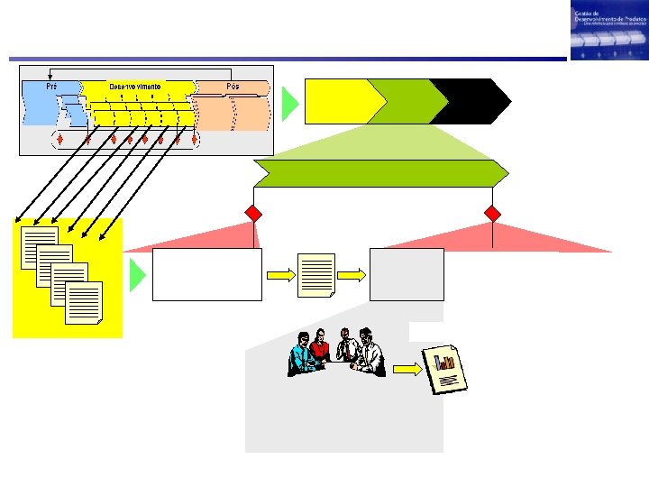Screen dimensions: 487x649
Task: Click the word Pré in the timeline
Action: (x=51, y=87)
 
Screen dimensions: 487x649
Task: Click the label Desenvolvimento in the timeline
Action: (x=135, y=87)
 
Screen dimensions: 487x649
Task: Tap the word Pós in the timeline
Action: (x=233, y=87)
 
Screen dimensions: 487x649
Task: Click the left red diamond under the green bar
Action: (x=254, y=214)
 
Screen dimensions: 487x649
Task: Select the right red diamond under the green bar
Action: (x=492, y=214)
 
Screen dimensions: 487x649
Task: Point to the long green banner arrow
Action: (x=379, y=173)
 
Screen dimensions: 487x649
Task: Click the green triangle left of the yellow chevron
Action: (x=289, y=104)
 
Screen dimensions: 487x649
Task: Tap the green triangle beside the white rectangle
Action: (x=136, y=274)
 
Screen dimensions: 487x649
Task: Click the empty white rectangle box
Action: (x=207, y=274)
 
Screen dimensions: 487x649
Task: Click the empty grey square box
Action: (x=407, y=274)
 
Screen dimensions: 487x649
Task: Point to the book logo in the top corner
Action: (x=608, y=32)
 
